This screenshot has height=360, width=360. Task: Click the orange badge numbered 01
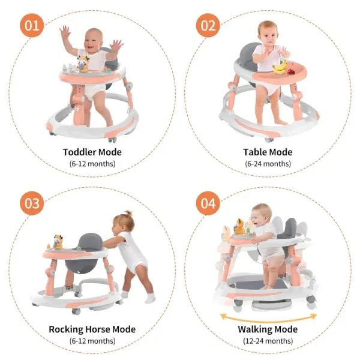[x=32, y=25]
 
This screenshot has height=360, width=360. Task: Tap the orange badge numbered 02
[x=208, y=25]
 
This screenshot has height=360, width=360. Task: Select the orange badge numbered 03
[x=32, y=203]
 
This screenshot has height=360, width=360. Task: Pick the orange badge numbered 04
[x=208, y=203]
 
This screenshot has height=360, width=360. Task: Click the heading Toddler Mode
[x=92, y=152]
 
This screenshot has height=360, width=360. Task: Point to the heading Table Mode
[x=268, y=152]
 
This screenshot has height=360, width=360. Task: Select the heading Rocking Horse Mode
[x=92, y=329]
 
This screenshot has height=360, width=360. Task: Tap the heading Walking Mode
[x=268, y=329]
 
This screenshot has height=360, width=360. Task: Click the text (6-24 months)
[x=268, y=164]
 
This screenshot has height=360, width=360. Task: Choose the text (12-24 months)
[x=268, y=341]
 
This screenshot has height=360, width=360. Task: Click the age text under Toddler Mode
[x=92, y=164]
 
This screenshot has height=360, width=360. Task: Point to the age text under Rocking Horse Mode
[x=92, y=341]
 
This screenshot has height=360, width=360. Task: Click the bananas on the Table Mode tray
[x=280, y=67]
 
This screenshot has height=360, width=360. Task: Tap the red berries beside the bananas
[x=292, y=71]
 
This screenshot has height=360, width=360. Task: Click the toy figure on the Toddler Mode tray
[x=83, y=64]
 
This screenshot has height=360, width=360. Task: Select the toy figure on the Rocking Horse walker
[x=58, y=242]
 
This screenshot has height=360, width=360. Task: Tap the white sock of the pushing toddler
[x=151, y=298]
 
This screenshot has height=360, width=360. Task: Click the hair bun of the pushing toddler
[x=128, y=214]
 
